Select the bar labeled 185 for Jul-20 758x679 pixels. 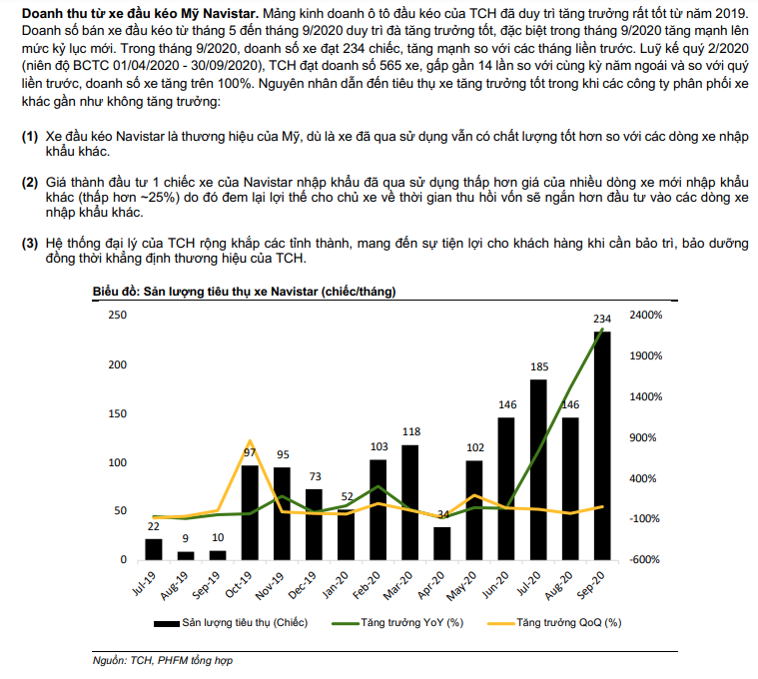tap(538, 469)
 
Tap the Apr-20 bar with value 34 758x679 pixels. tap(442, 543)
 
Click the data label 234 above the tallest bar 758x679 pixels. tap(602, 319)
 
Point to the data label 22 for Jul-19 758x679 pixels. tap(154, 526)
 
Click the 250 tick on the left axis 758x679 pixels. tap(118, 316)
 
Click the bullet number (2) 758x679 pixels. tap(31, 184)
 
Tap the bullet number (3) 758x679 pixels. tap(31, 243)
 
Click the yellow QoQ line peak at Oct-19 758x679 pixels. tap(250, 440)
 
